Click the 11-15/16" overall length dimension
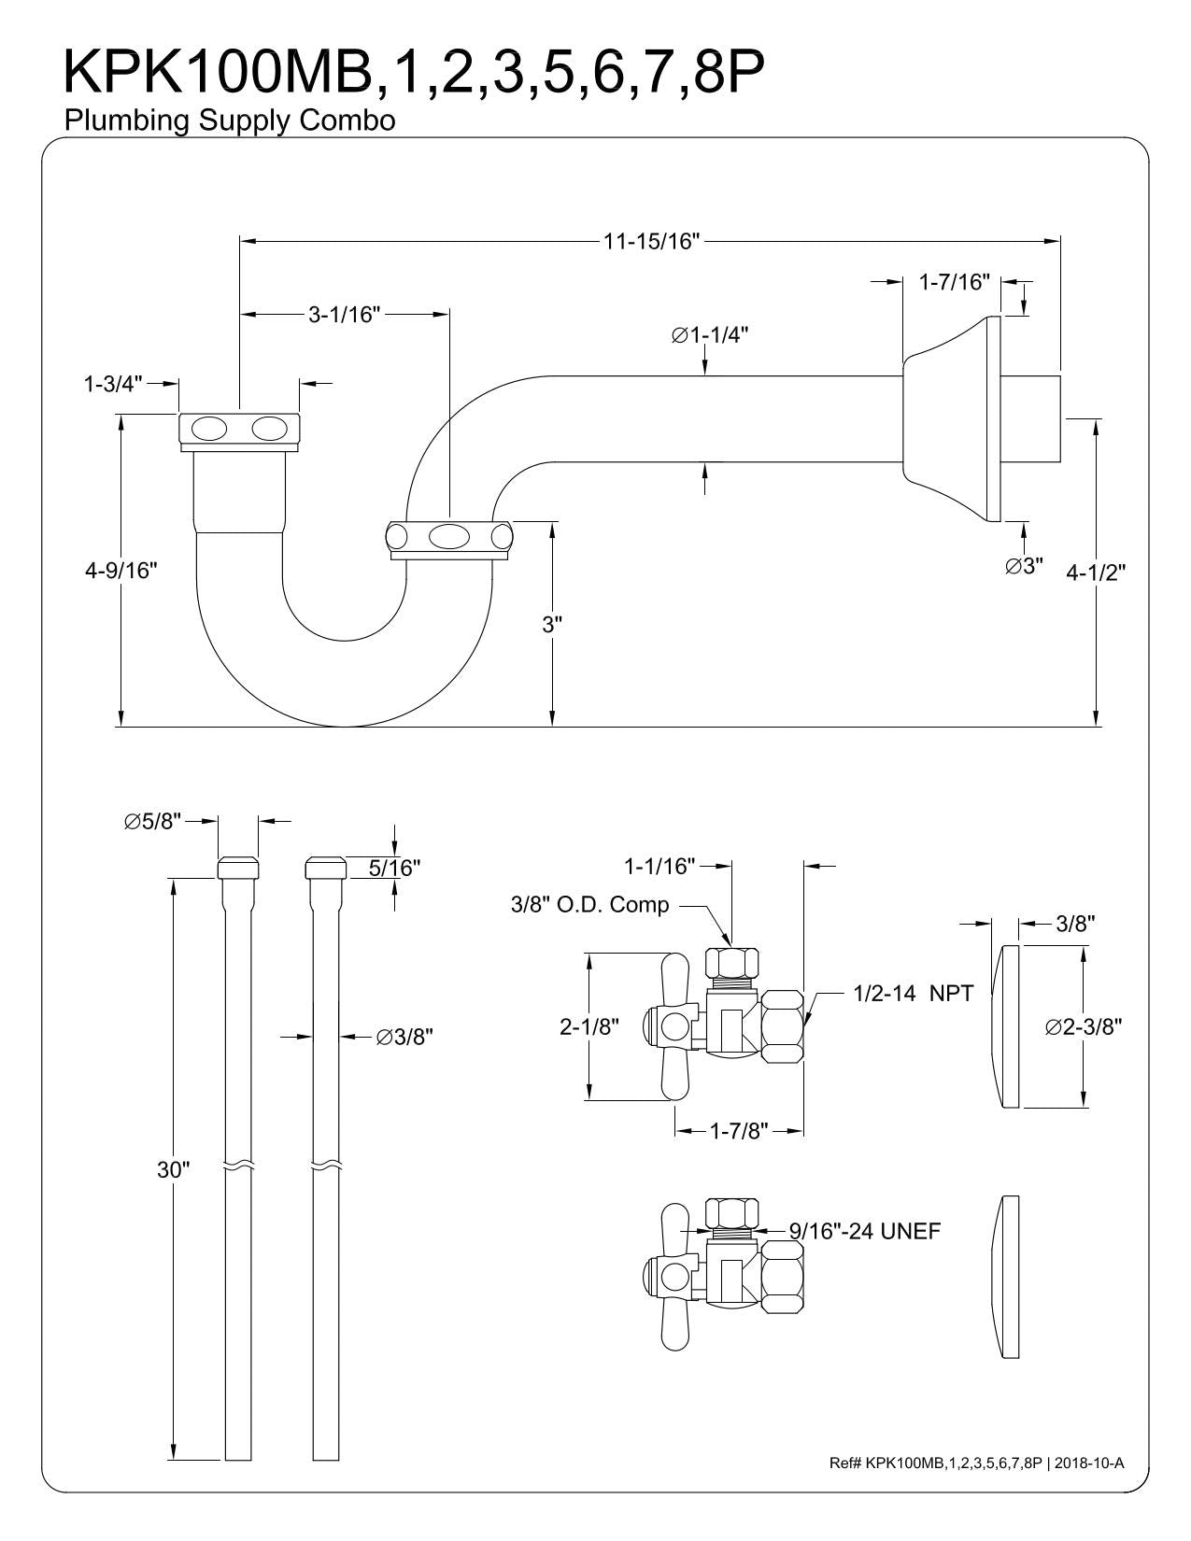651,242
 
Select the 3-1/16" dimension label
345,315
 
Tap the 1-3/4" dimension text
112,383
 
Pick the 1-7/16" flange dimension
954,282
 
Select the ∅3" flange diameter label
1024,567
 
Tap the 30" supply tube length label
173,1170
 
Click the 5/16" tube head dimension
394,868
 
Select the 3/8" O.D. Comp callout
589,905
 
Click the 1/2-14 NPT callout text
913,994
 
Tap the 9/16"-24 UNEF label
864,1232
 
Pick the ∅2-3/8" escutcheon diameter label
1084,1027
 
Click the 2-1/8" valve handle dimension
589,1027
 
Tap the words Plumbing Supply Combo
229,120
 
